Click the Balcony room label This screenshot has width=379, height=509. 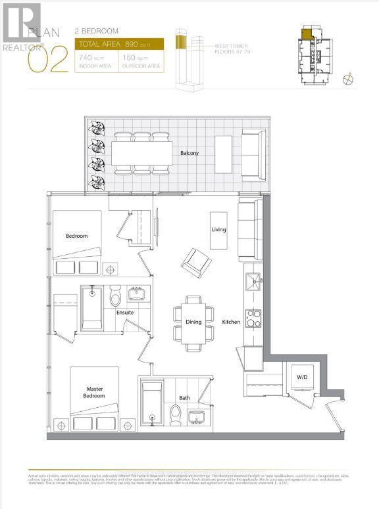(x=189, y=154)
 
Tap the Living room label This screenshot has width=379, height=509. (x=218, y=230)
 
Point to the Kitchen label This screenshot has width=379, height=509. (x=231, y=322)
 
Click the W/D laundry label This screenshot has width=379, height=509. (x=301, y=377)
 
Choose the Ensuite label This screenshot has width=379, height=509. (x=126, y=313)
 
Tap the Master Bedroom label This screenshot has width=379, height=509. (x=94, y=393)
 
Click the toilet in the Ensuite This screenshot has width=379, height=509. (x=115, y=299)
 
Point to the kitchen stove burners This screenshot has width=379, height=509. (x=252, y=318)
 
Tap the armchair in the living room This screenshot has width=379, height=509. (x=197, y=263)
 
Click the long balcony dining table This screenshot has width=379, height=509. (x=142, y=154)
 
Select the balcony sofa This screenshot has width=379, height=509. (x=252, y=154)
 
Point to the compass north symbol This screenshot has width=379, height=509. (x=349, y=79)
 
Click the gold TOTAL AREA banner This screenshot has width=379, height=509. (x=119, y=45)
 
